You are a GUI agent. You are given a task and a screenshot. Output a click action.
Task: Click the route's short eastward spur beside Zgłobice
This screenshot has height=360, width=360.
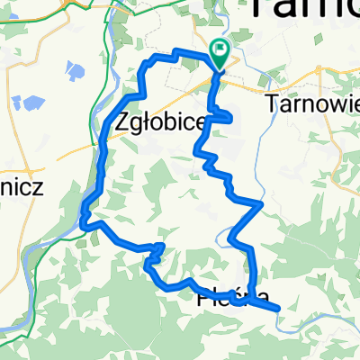(x=230, y=117)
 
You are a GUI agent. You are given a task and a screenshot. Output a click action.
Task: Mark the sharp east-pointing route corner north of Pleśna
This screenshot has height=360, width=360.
(x=261, y=205)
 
